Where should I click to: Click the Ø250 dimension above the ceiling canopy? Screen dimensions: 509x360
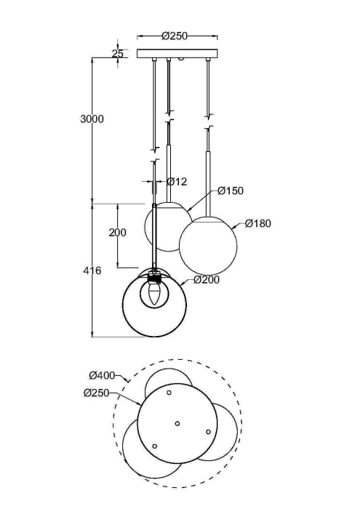point(175,35)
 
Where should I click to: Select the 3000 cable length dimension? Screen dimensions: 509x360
point(92,119)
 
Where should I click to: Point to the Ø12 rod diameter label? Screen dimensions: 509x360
point(177,181)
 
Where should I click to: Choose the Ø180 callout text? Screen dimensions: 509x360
point(257,223)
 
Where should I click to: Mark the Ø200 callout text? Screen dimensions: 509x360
point(207,279)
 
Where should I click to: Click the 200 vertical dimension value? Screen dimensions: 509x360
point(117,233)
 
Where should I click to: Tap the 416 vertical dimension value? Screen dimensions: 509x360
point(92,270)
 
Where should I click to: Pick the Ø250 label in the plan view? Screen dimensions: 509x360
point(97,393)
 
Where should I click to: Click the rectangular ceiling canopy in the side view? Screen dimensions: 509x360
point(177,53)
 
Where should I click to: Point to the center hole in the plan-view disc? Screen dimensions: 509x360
point(177,422)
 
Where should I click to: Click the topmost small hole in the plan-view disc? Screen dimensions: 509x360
point(169,393)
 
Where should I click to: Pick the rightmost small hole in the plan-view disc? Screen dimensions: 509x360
point(208,432)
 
